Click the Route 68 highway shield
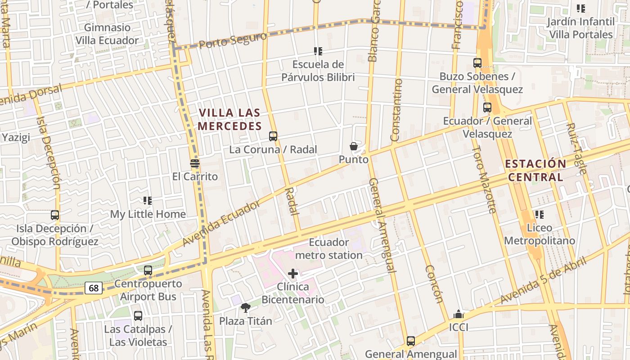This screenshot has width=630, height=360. [x=94, y=288]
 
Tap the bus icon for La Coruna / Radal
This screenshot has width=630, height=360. [x=273, y=136]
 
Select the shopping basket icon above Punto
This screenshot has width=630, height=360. [x=354, y=146]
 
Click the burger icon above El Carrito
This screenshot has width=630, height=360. [x=195, y=163]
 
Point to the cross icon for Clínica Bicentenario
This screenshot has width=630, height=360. [x=293, y=273]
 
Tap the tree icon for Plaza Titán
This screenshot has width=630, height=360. [x=246, y=308]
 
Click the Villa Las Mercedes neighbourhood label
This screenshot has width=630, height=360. [x=229, y=119]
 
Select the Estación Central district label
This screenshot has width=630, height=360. [x=535, y=170]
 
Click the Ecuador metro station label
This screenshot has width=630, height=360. [x=329, y=249]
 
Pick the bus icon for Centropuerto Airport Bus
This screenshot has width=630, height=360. [x=148, y=270]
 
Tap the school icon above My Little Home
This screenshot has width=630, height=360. [x=148, y=200]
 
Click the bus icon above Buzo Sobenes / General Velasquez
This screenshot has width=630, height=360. [x=477, y=63]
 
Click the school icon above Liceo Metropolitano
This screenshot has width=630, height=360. [x=539, y=215]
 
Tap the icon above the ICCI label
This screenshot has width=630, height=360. [x=459, y=314]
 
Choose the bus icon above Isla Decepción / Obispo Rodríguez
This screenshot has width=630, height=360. [x=55, y=215]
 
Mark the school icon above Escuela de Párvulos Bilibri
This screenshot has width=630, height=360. [x=318, y=51]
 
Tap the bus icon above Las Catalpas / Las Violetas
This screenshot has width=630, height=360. [x=138, y=316]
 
